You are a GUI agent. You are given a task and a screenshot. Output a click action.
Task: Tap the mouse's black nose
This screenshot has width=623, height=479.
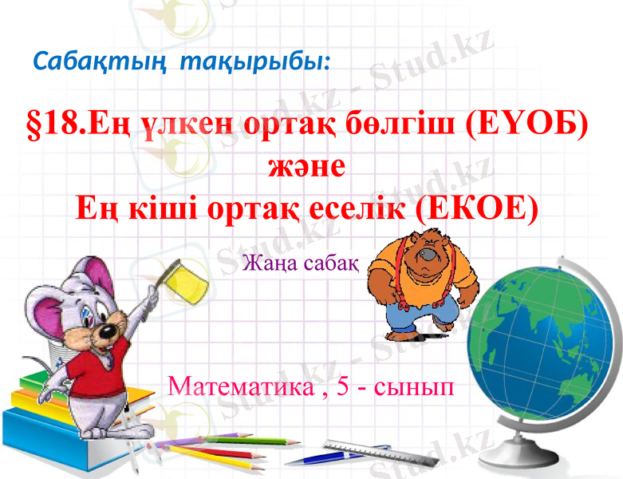point(104,330)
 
